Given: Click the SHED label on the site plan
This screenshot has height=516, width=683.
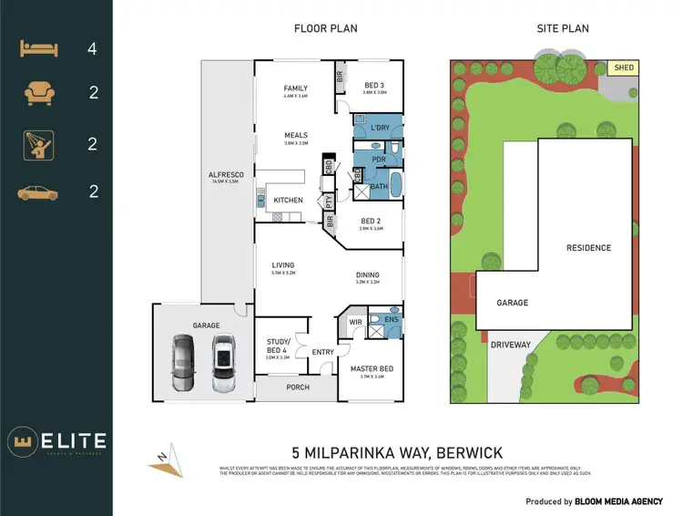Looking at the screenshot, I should click(624, 67).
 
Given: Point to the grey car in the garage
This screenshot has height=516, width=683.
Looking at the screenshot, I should click(183, 362).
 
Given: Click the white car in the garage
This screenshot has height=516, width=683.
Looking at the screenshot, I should click(222, 362).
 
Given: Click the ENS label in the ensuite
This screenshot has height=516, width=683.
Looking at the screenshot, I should click(392, 320).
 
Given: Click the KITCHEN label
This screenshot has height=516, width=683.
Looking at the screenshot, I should click(289, 201).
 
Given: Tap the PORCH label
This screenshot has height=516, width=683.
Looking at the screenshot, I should click(298, 387).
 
